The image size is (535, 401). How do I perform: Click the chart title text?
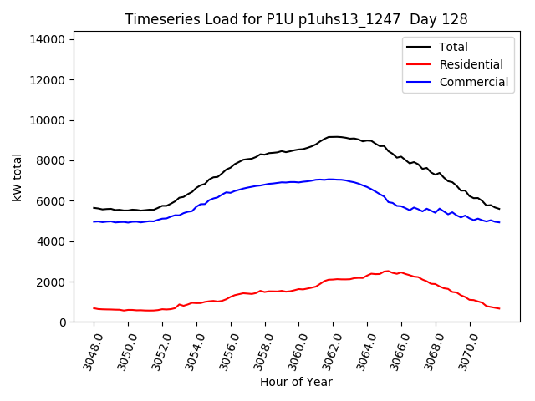(296, 18)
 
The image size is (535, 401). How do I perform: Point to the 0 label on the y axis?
(63, 322)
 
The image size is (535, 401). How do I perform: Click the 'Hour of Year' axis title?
(296, 382)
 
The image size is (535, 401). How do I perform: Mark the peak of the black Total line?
(334, 136)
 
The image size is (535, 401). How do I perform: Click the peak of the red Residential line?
(386, 271)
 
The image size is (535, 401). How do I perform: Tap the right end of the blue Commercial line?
(499, 222)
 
